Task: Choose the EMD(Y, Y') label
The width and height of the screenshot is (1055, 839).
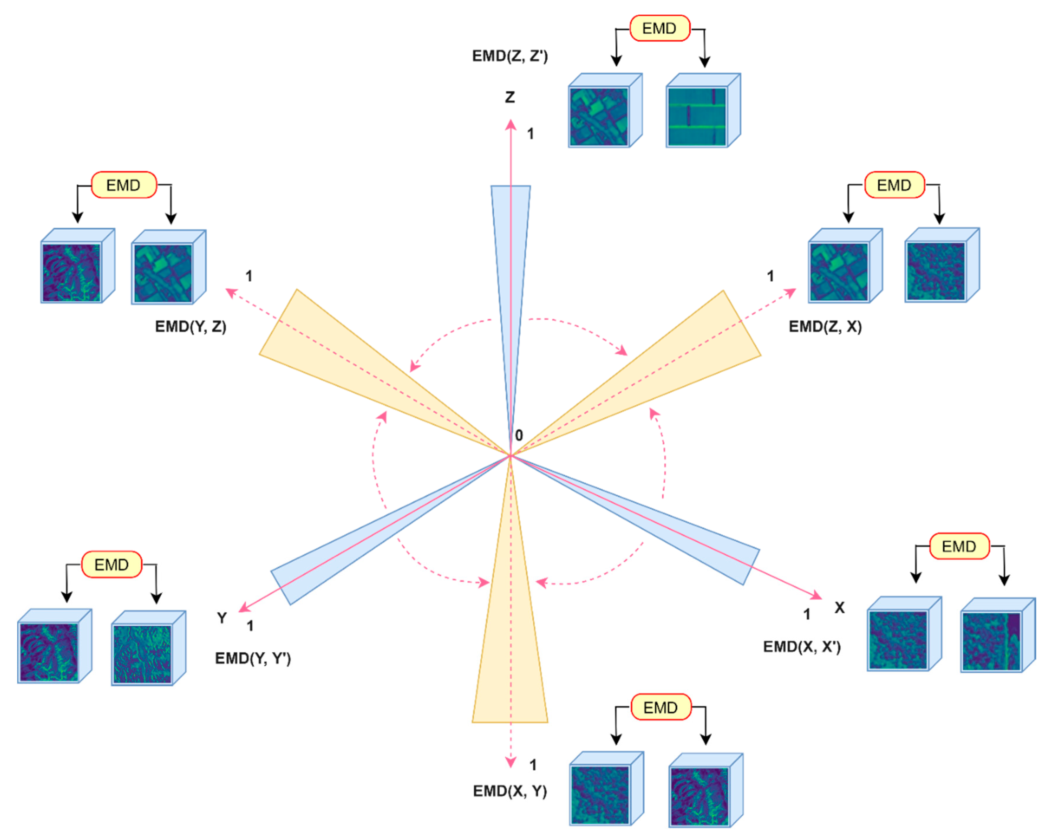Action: coord(253,659)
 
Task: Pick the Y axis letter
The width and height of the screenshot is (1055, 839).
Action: coord(222,618)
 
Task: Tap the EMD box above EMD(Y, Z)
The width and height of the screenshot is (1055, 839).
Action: coord(123,185)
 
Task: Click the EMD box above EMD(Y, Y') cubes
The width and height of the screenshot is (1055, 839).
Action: coord(112,565)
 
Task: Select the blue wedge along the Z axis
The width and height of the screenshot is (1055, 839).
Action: coord(510,244)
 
